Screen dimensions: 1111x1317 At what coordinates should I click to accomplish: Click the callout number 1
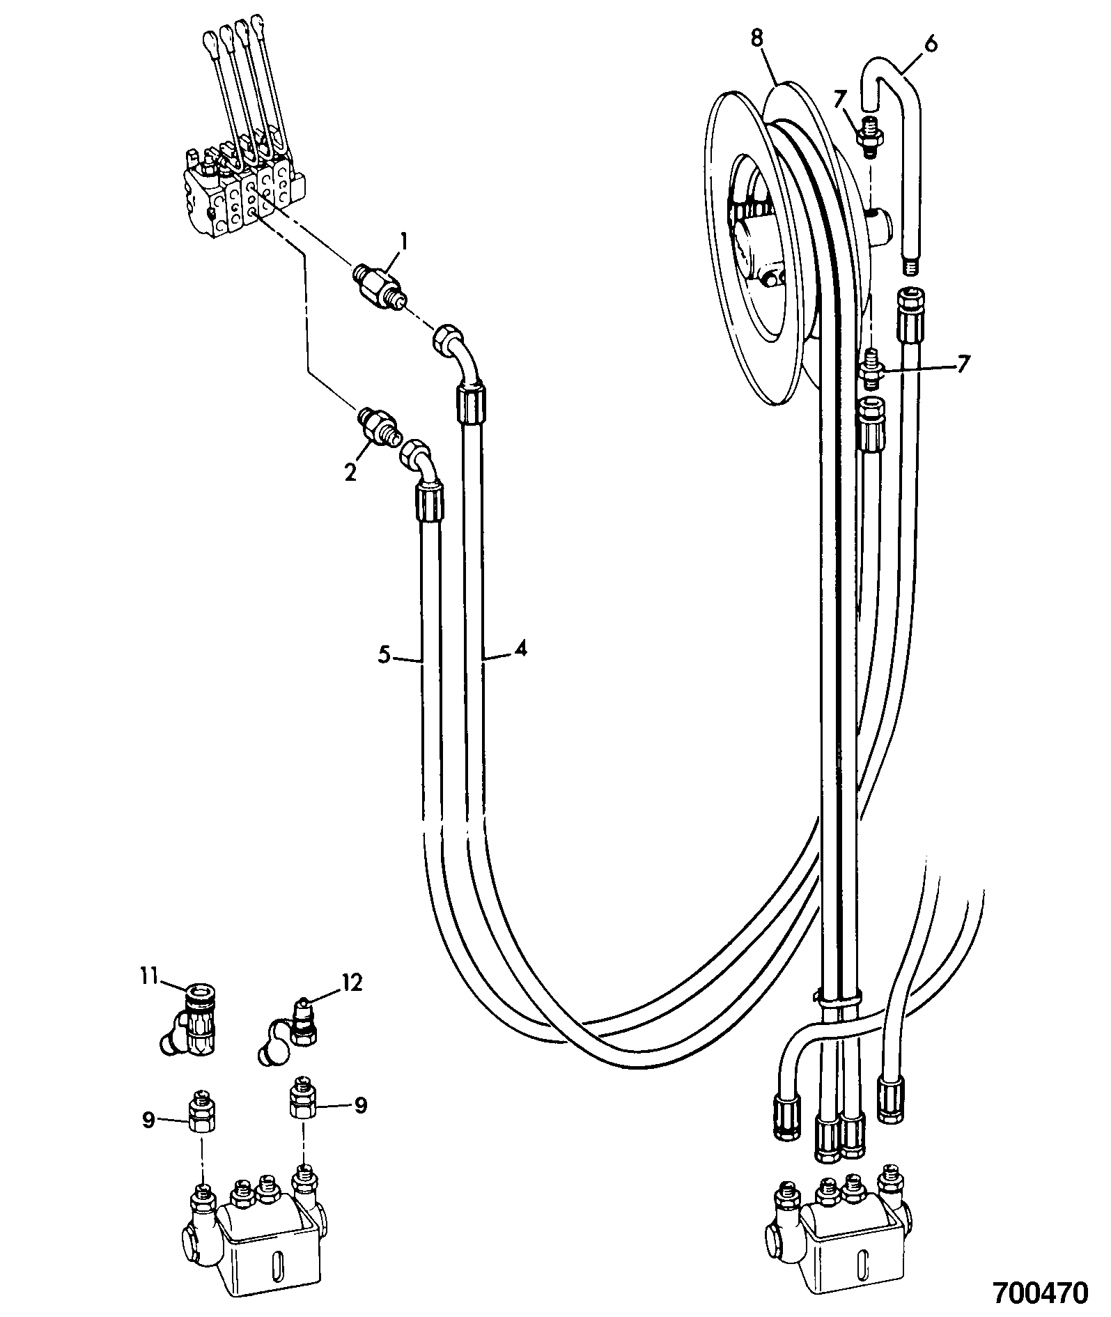tap(402, 242)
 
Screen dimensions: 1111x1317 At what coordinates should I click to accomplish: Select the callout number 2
tap(350, 472)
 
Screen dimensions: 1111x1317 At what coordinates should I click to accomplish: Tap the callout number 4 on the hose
tap(520, 649)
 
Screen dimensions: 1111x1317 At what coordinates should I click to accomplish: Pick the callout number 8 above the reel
tap(757, 38)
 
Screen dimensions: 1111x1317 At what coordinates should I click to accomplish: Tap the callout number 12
tap(352, 983)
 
